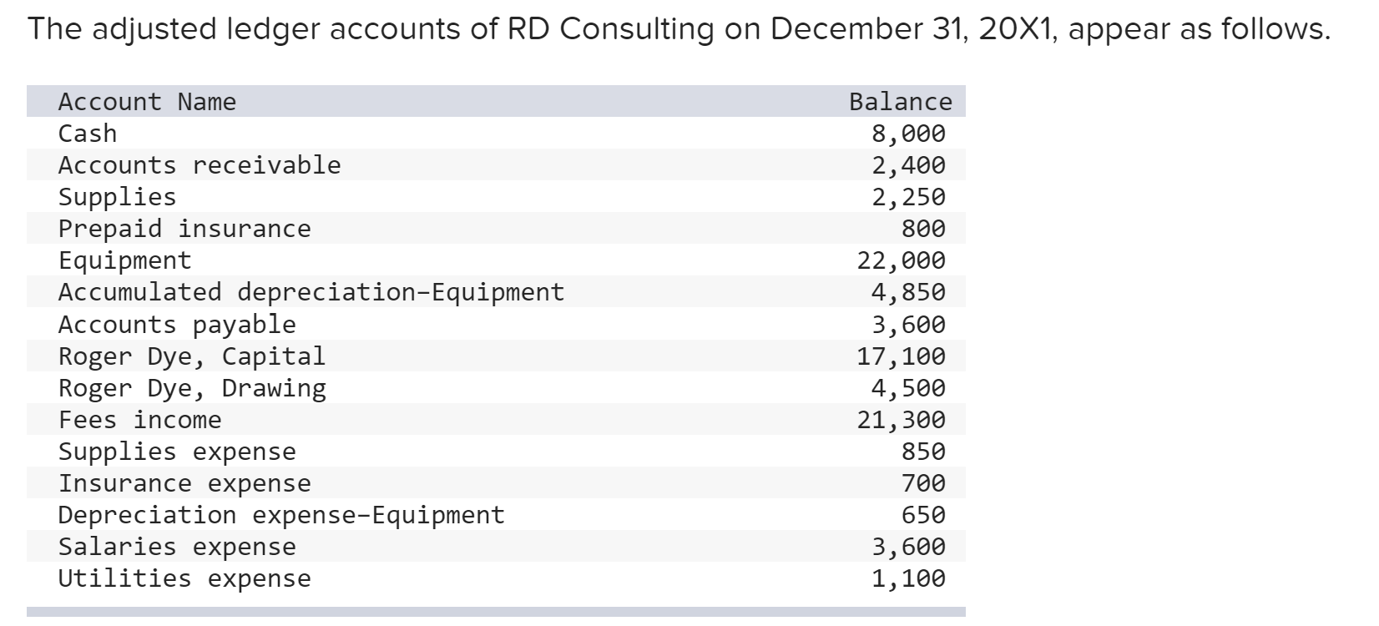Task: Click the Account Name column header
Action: coord(147,102)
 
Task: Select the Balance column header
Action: coord(900,102)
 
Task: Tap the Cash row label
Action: coord(88,134)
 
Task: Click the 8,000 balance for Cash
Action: coord(908,134)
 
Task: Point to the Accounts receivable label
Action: coord(200,165)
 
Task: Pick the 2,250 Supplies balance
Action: coord(908,197)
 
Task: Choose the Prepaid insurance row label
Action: coord(184,229)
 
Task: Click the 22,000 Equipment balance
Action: coord(902,260)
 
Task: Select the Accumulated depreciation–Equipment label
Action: coord(311,292)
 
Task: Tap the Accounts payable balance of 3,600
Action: coord(908,324)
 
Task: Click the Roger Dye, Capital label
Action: coord(192,356)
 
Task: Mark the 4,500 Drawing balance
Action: coord(908,388)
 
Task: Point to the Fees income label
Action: coord(140,420)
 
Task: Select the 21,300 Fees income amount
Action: coord(902,420)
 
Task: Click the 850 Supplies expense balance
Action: coord(923,452)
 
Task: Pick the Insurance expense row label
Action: coord(184,483)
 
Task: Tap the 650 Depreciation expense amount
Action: coord(923,515)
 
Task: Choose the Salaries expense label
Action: coord(177,547)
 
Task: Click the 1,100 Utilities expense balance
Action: coord(908,578)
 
